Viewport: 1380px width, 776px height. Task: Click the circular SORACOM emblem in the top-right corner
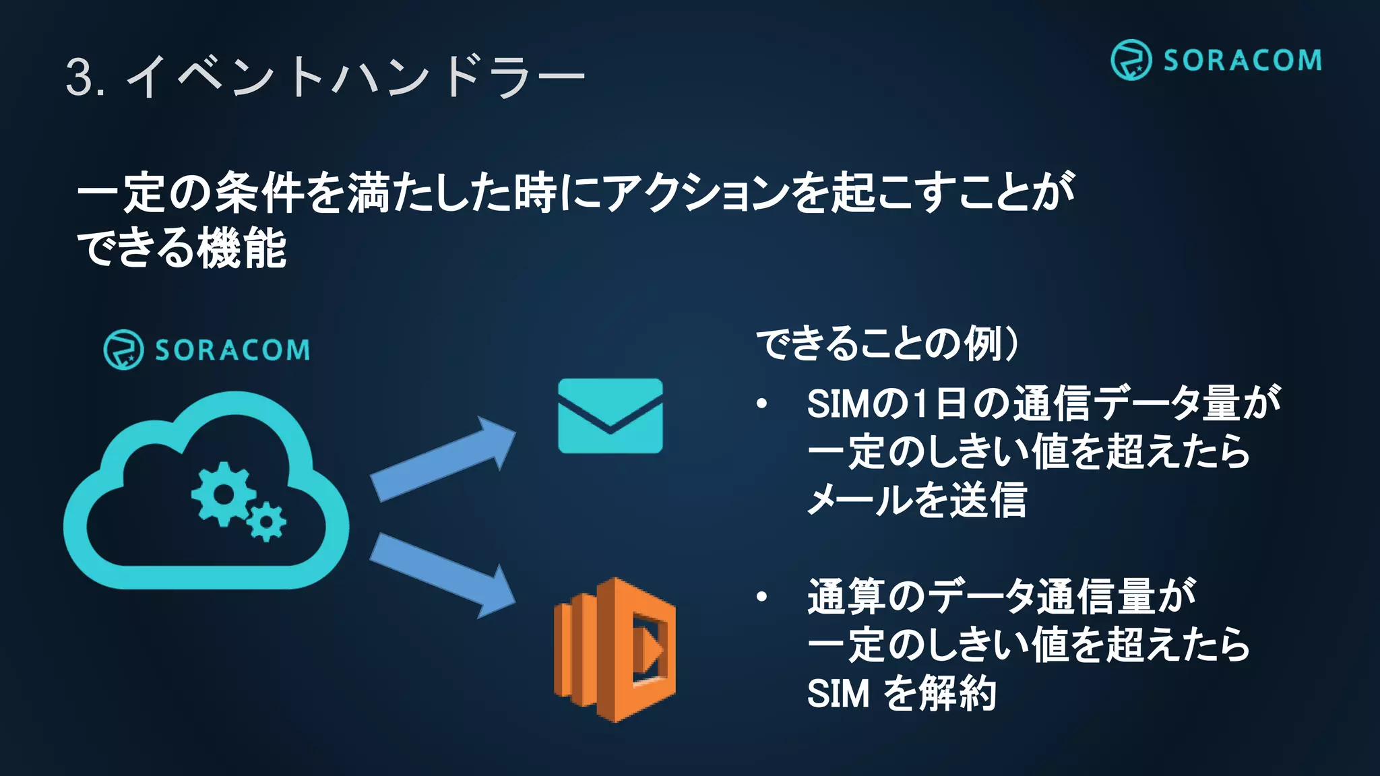[1131, 60]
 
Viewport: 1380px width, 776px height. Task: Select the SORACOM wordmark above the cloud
[232, 350]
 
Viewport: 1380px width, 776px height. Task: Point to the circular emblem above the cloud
[123, 350]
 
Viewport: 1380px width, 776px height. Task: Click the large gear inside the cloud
[223, 494]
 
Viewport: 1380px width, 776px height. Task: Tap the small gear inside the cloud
[267, 521]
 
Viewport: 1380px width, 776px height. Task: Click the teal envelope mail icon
[610, 416]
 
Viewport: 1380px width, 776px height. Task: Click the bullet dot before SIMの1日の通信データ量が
[762, 404]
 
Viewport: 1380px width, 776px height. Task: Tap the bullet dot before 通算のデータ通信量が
[762, 597]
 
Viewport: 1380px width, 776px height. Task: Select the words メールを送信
[916, 500]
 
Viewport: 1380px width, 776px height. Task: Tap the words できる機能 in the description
[182, 248]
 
